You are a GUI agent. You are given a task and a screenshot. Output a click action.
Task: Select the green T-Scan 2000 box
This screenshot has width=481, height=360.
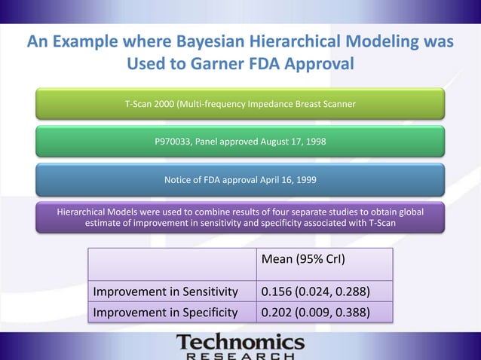(x=240, y=104)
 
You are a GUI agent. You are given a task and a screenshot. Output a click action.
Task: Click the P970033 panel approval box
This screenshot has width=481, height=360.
(x=240, y=142)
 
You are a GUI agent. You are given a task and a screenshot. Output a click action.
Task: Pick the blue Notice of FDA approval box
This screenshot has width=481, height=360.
(x=240, y=180)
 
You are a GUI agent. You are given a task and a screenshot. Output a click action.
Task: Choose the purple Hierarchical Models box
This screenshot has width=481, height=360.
(x=240, y=217)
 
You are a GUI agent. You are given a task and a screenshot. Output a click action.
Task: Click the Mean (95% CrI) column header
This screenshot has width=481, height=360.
(x=303, y=261)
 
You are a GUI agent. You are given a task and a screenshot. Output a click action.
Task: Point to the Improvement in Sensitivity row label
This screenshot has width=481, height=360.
(x=165, y=292)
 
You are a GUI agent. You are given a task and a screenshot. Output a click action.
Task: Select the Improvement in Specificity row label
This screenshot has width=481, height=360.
(x=165, y=312)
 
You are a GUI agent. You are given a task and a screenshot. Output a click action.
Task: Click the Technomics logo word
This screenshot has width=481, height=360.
(x=240, y=343)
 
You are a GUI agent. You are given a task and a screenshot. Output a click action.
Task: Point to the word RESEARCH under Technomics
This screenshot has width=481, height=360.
(x=240, y=355)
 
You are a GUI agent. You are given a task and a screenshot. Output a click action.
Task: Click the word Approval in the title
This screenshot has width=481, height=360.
(x=320, y=63)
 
